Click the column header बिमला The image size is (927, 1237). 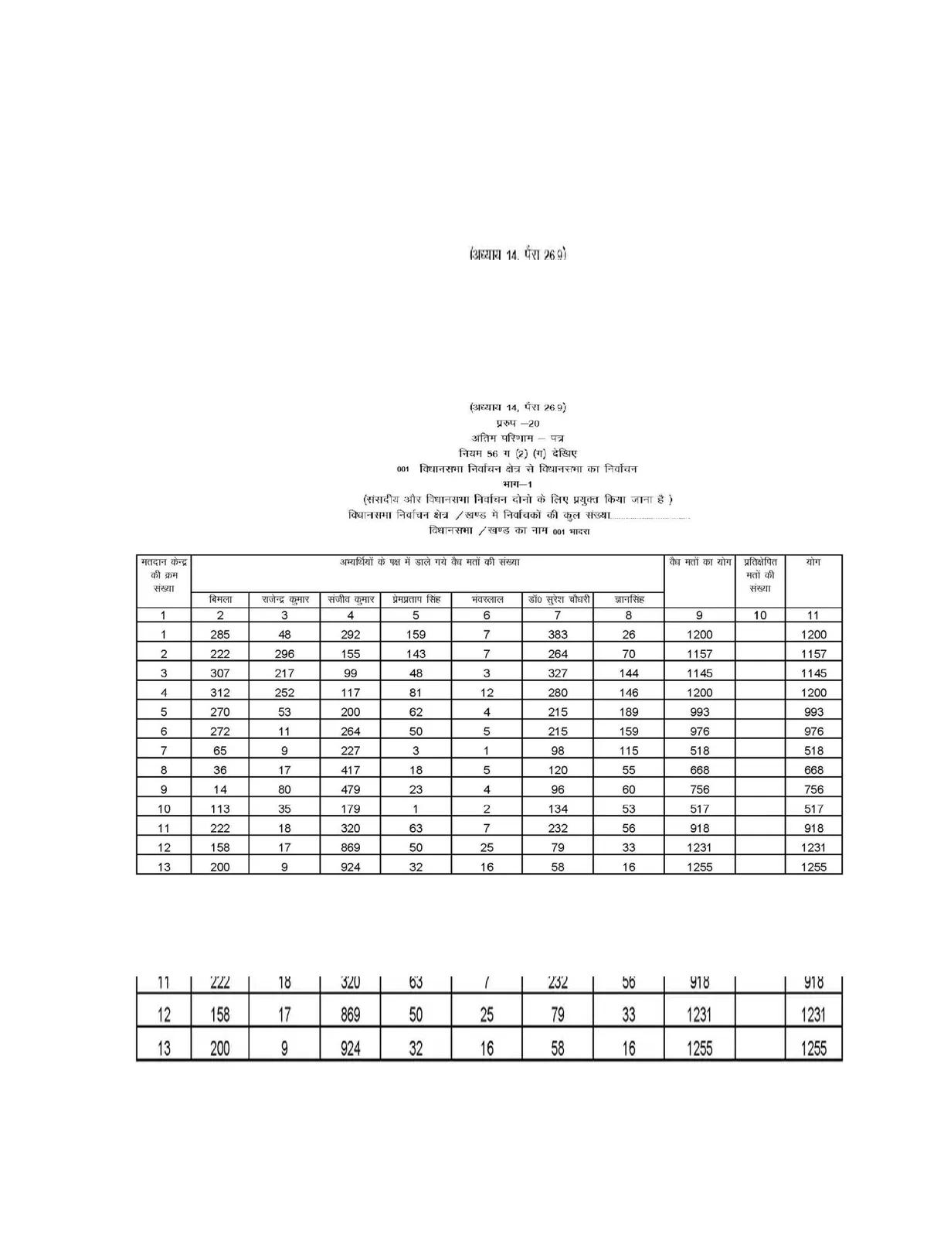pyautogui.click(x=220, y=599)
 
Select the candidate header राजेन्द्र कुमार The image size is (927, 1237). pyautogui.click(x=284, y=599)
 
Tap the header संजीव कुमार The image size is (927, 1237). pyautogui.click(x=351, y=599)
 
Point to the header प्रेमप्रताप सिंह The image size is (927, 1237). pyautogui.click(x=416, y=599)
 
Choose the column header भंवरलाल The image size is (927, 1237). pyautogui.click(x=487, y=599)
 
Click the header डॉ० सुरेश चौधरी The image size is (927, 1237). pyautogui.click(x=558, y=599)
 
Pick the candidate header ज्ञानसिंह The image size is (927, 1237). pyautogui.click(x=629, y=599)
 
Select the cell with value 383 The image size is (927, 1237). pyautogui.click(x=558, y=635)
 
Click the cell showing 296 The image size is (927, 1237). pyautogui.click(x=284, y=654)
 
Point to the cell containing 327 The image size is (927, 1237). pyautogui.click(x=558, y=673)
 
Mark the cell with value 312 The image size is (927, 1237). pyautogui.click(x=220, y=693)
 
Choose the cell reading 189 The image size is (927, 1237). pyautogui.click(x=629, y=712)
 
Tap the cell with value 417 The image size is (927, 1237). pyautogui.click(x=351, y=770)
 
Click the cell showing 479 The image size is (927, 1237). pyautogui.click(x=351, y=789)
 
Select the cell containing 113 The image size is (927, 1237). pyautogui.click(x=220, y=809)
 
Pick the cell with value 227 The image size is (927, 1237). pyautogui.click(x=351, y=751)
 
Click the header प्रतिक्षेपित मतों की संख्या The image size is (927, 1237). pyautogui.click(x=760, y=575)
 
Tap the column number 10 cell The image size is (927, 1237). pyautogui.click(x=760, y=615)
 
